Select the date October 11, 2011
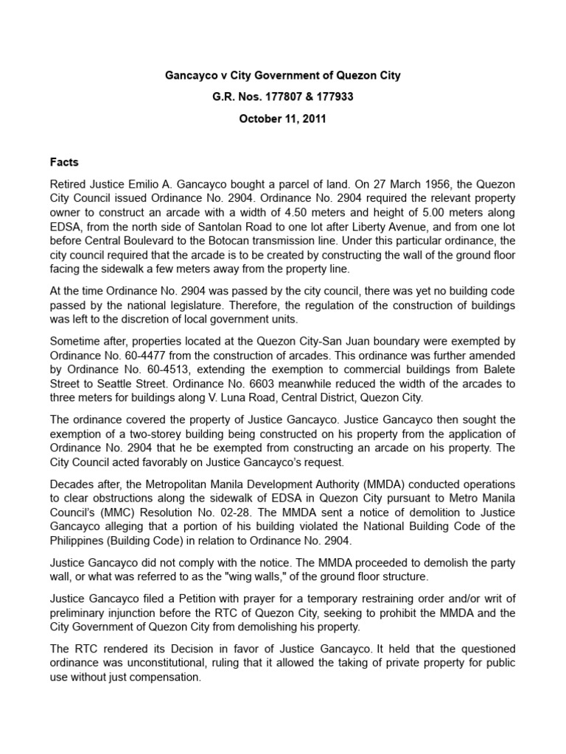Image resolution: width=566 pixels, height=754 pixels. click(282, 118)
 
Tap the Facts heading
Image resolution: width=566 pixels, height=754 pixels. click(64, 162)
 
